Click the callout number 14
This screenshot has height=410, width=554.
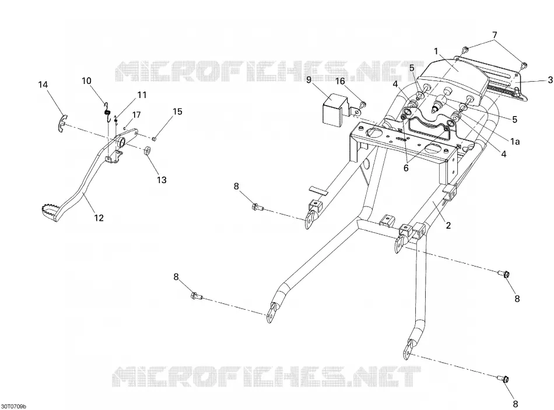(43, 85)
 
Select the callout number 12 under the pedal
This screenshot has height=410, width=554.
(99, 218)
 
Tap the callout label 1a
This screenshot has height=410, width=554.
(515, 142)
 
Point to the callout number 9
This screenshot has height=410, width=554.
(309, 80)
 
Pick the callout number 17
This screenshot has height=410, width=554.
(136, 115)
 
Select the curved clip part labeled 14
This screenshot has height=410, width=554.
(62, 124)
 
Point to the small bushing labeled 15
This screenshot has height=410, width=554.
(155, 138)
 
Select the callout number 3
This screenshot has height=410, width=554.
(550, 80)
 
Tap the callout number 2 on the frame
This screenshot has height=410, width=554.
(448, 226)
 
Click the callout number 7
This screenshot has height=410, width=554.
(495, 36)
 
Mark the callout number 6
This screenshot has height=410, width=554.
(406, 168)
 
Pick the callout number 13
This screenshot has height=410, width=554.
(162, 180)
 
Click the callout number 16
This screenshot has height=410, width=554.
(340, 82)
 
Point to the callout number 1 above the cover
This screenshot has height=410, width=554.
(436, 51)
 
